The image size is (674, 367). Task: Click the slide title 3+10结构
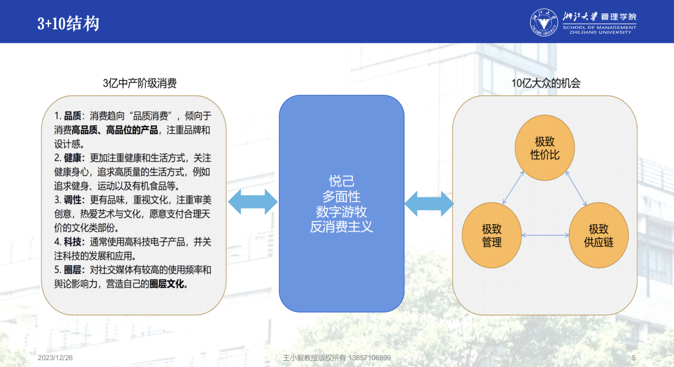(x=68, y=23)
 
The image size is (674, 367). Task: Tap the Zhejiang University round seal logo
(x=544, y=22)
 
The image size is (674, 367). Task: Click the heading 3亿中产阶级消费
(x=140, y=83)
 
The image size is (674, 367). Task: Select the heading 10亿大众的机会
(x=546, y=83)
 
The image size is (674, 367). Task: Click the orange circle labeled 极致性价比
(x=544, y=148)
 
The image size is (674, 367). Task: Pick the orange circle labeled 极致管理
(x=492, y=235)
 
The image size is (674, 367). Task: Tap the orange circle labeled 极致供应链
(x=599, y=235)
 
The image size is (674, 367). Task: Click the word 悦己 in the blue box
(x=342, y=181)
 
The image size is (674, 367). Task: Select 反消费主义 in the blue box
(x=342, y=227)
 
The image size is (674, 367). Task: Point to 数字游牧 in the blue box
(x=342, y=212)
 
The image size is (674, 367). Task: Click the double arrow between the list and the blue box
(x=253, y=202)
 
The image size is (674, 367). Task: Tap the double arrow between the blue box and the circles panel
(x=429, y=204)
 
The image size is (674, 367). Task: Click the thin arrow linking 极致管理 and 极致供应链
(x=545, y=235)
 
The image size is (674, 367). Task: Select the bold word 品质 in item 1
(x=73, y=116)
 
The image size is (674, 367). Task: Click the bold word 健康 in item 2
(x=73, y=158)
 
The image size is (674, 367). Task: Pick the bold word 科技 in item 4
(x=73, y=242)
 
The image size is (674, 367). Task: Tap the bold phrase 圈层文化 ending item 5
(x=167, y=284)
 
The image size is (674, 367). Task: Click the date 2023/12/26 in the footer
(x=55, y=358)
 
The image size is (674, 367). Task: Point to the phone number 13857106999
(x=370, y=358)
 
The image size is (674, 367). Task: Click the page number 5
(x=633, y=358)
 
